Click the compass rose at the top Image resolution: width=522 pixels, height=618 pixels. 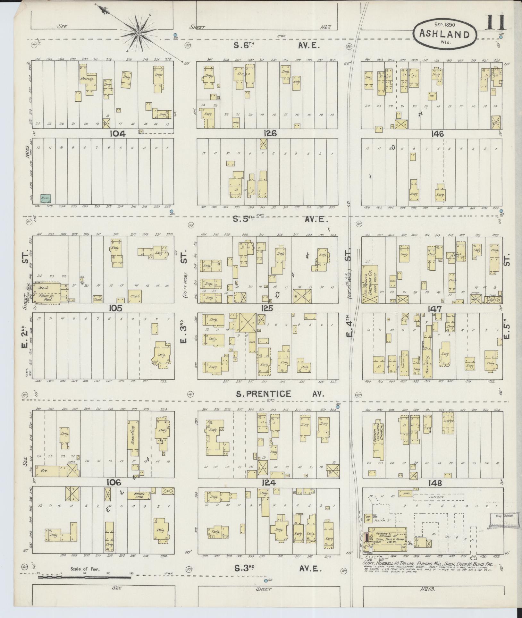point(139,33)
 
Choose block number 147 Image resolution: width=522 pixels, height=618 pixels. point(435,309)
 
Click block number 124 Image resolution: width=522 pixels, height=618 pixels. point(268,491)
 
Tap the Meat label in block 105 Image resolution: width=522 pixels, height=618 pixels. point(44,288)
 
